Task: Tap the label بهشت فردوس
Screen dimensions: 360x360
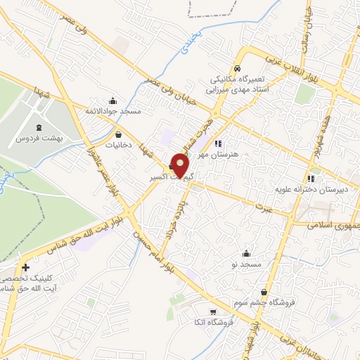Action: [x=40, y=139]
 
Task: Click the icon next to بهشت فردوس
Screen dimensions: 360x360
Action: [x=38, y=128]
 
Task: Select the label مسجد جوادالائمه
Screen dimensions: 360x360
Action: [x=113, y=112]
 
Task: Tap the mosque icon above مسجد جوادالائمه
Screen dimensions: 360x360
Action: [x=112, y=101]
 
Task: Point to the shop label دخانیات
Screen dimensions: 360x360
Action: [x=119, y=145]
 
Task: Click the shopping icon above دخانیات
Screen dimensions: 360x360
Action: [x=118, y=134]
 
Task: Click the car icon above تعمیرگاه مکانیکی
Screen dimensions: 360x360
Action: [x=238, y=69]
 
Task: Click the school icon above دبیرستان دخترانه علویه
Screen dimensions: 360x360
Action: [x=311, y=179]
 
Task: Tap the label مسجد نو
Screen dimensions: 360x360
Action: [x=247, y=264]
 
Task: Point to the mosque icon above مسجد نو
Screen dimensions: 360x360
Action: [x=246, y=253]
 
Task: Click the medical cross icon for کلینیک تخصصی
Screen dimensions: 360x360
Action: [x=26, y=267]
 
